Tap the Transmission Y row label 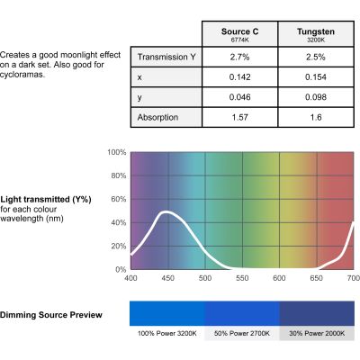(x=166, y=57)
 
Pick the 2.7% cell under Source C (x=240, y=57)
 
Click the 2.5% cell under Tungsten (x=316, y=57)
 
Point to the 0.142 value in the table (x=240, y=77)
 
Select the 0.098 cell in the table (x=316, y=97)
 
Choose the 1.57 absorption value (x=240, y=117)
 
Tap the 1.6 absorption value (x=316, y=117)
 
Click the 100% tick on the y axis (x=117, y=152)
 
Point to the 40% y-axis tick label (x=119, y=222)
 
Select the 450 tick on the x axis (x=167, y=278)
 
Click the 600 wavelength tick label (x=279, y=278)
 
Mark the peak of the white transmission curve (x=166, y=212)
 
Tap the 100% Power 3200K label (x=167, y=333)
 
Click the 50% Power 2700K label (x=242, y=333)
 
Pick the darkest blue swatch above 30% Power (x=317, y=313)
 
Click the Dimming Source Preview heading (x=51, y=315)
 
